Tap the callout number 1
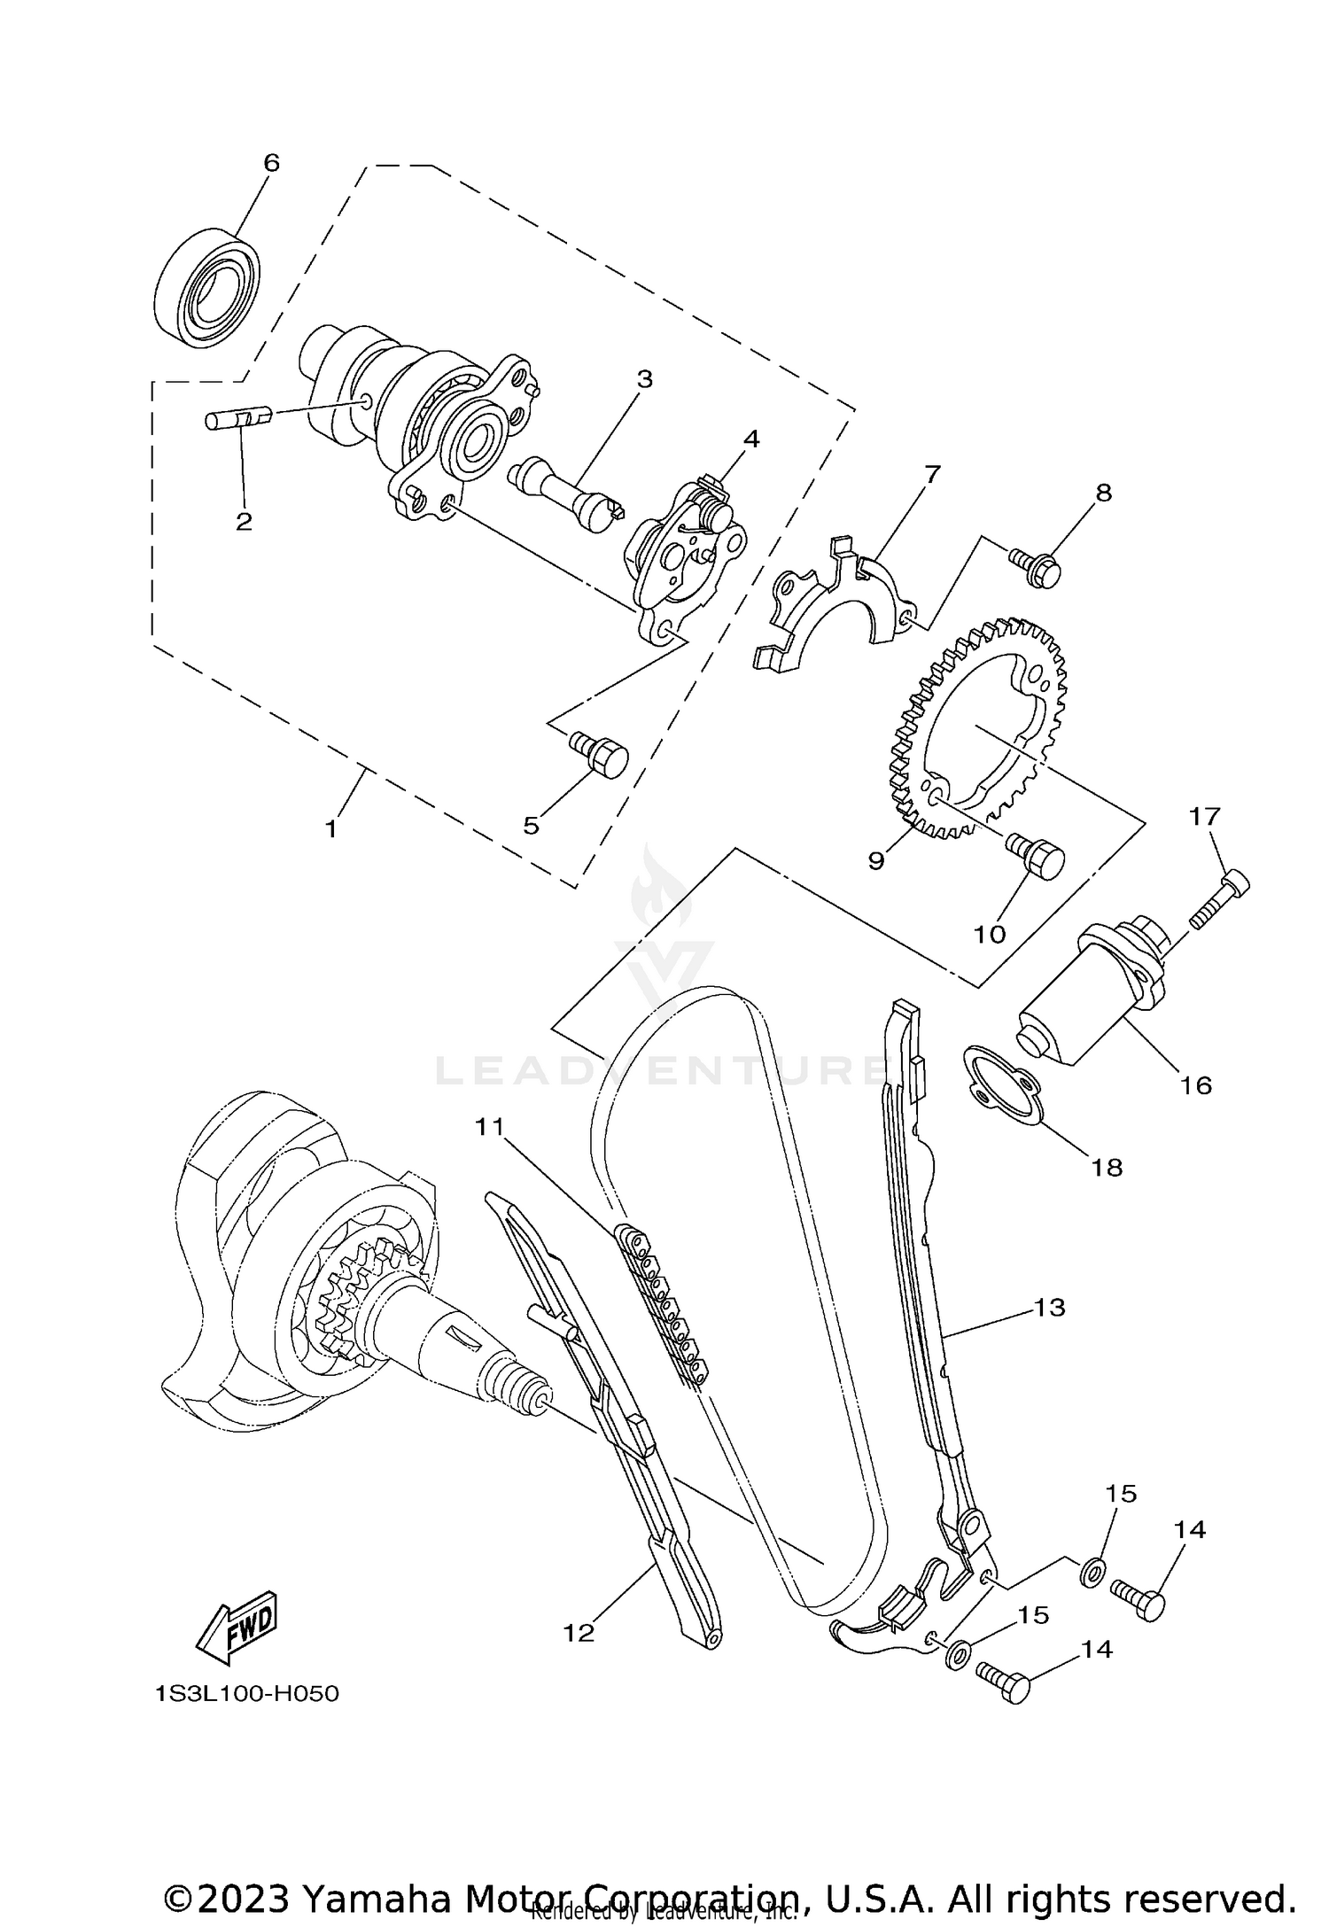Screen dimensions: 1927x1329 tap(330, 829)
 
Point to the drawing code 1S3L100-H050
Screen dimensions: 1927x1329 tap(247, 1695)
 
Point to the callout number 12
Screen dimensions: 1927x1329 tap(579, 1633)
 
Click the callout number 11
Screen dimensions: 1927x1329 tap(489, 1127)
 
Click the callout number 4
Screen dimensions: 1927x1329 tap(750, 439)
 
